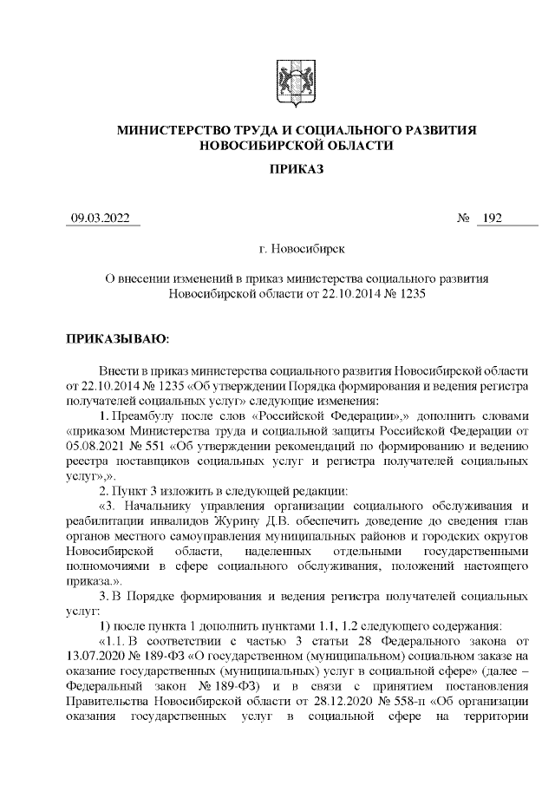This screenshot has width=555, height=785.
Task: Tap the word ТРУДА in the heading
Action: [x=266, y=130]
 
